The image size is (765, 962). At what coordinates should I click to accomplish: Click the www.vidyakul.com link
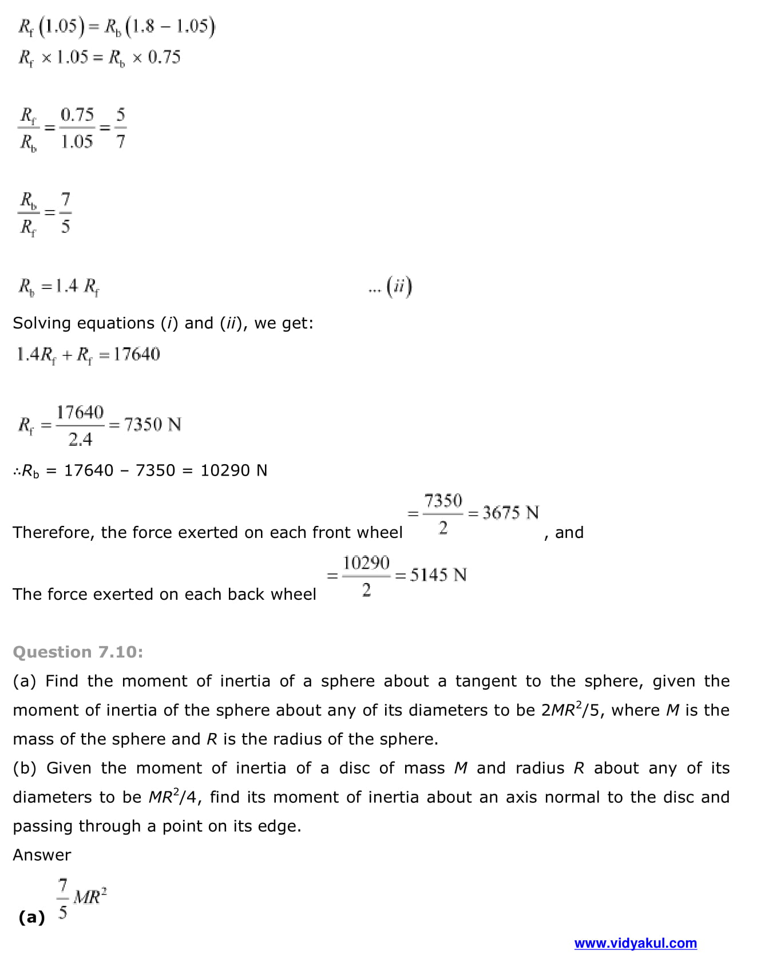pos(635,943)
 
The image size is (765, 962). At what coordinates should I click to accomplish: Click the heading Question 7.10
pos(78,652)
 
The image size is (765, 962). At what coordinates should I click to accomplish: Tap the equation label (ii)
pos(399,286)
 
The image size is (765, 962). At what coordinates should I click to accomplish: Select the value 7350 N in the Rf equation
pos(152,425)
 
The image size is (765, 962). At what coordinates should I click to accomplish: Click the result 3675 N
pos(510,512)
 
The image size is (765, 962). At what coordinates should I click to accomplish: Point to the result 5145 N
pos(438,575)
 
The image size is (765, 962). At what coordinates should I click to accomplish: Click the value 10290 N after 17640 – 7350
pos(233,470)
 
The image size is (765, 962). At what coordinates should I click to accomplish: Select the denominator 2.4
pos(80,440)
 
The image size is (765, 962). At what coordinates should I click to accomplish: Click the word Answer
pos(42,854)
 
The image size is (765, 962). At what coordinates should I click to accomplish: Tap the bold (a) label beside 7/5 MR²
pos(31,917)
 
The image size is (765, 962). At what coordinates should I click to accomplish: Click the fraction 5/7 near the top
pos(120,128)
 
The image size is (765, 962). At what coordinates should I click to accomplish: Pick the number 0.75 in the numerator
pos(77,114)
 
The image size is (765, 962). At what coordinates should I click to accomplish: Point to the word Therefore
pos(51,533)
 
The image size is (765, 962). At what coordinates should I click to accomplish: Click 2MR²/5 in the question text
pos(572,710)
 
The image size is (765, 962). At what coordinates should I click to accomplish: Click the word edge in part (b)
pos(276,826)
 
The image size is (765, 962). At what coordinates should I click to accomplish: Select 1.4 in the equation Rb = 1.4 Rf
pos(66,286)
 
